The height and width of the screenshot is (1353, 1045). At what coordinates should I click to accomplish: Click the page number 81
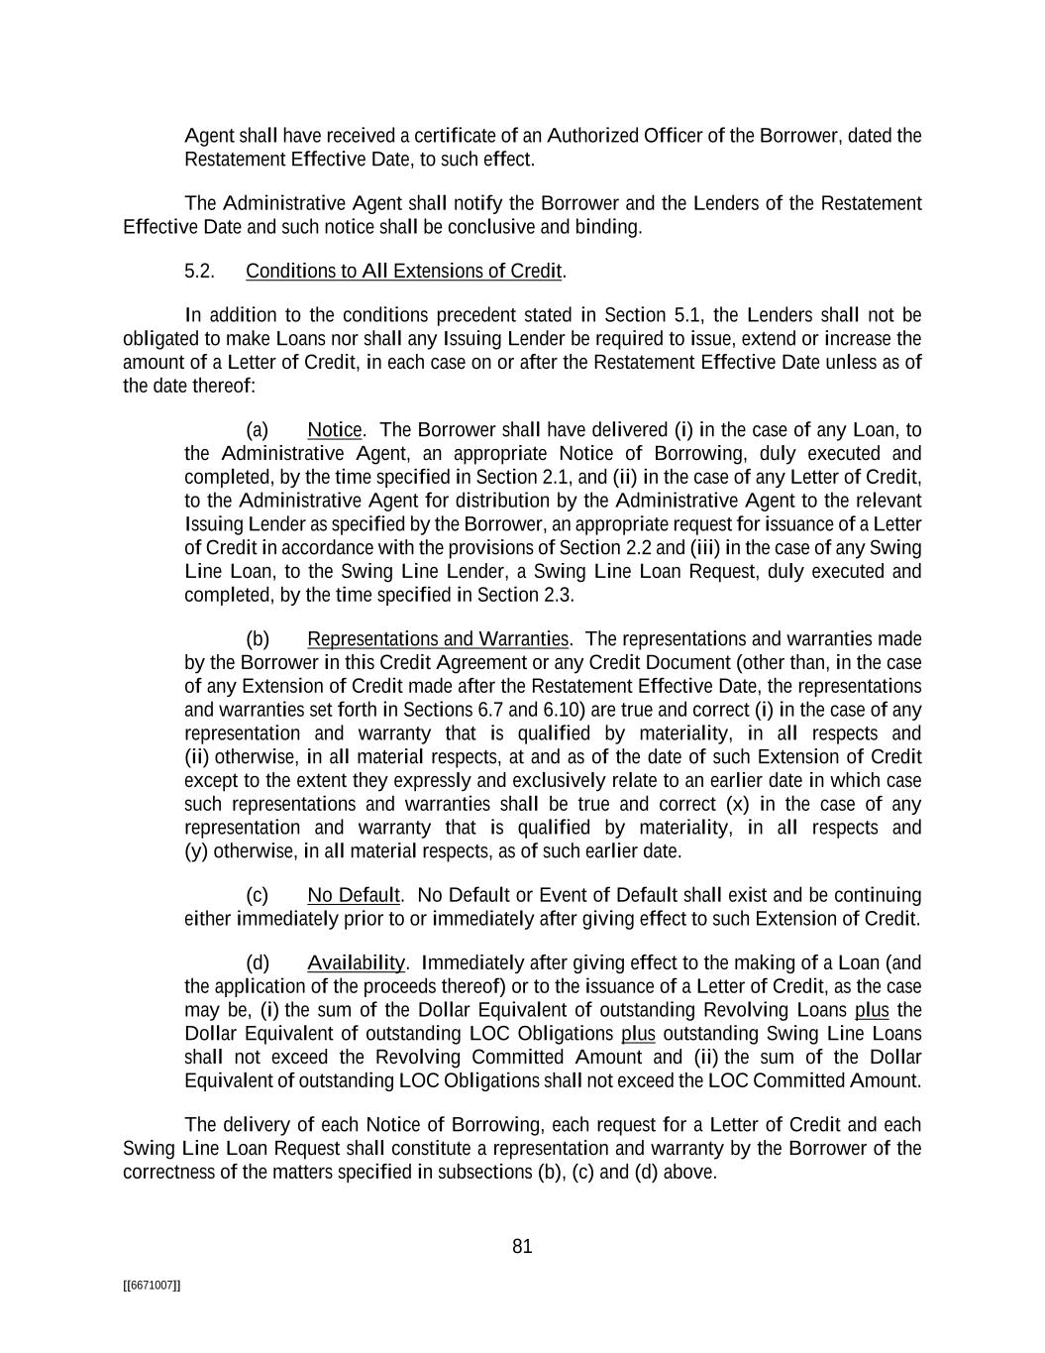coord(522,1247)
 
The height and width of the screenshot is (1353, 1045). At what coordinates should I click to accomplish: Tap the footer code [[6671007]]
coord(152,1286)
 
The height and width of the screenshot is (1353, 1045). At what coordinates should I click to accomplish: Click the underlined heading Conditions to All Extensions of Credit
coord(404,272)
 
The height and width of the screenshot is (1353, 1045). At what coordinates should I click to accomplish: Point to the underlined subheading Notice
coord(335,430)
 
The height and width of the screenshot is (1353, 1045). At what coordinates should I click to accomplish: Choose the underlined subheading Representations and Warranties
coord(438,639)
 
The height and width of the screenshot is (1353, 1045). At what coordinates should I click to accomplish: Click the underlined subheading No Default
coord(353,896)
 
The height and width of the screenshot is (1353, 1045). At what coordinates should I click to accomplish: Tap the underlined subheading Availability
coord(356,963)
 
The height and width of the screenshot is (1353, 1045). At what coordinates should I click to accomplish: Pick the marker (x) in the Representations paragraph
coord(736,804)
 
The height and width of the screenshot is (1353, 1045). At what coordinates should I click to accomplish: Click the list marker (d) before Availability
coord(258,963)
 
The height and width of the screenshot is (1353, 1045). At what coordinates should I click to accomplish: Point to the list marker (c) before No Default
coord(258,896)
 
